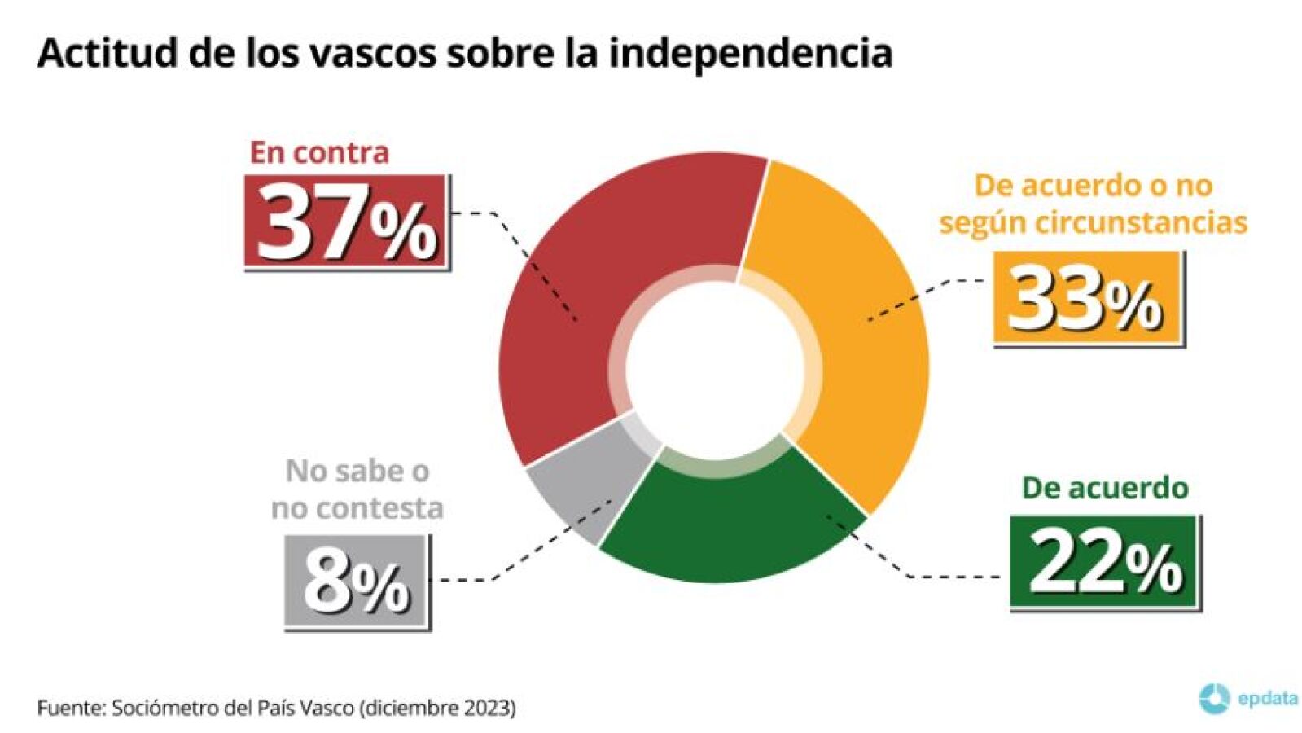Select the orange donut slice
click(x=855, y=342)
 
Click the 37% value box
click(x=347, y=222)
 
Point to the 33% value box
click(x=1088, y=299)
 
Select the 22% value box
click(x=1105, y=562)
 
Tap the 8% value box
click(x=357, y=582)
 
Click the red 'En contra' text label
click(x=319, y=152)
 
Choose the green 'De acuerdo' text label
click(x=1104, y=487)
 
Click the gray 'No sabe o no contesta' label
click(x=357, y=489)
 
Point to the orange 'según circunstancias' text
click(x=1093, y=222)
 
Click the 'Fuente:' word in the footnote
click(x=71, y=707)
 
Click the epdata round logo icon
click(x=1214, y=698)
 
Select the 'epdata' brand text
click(x=1267, y=698)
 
